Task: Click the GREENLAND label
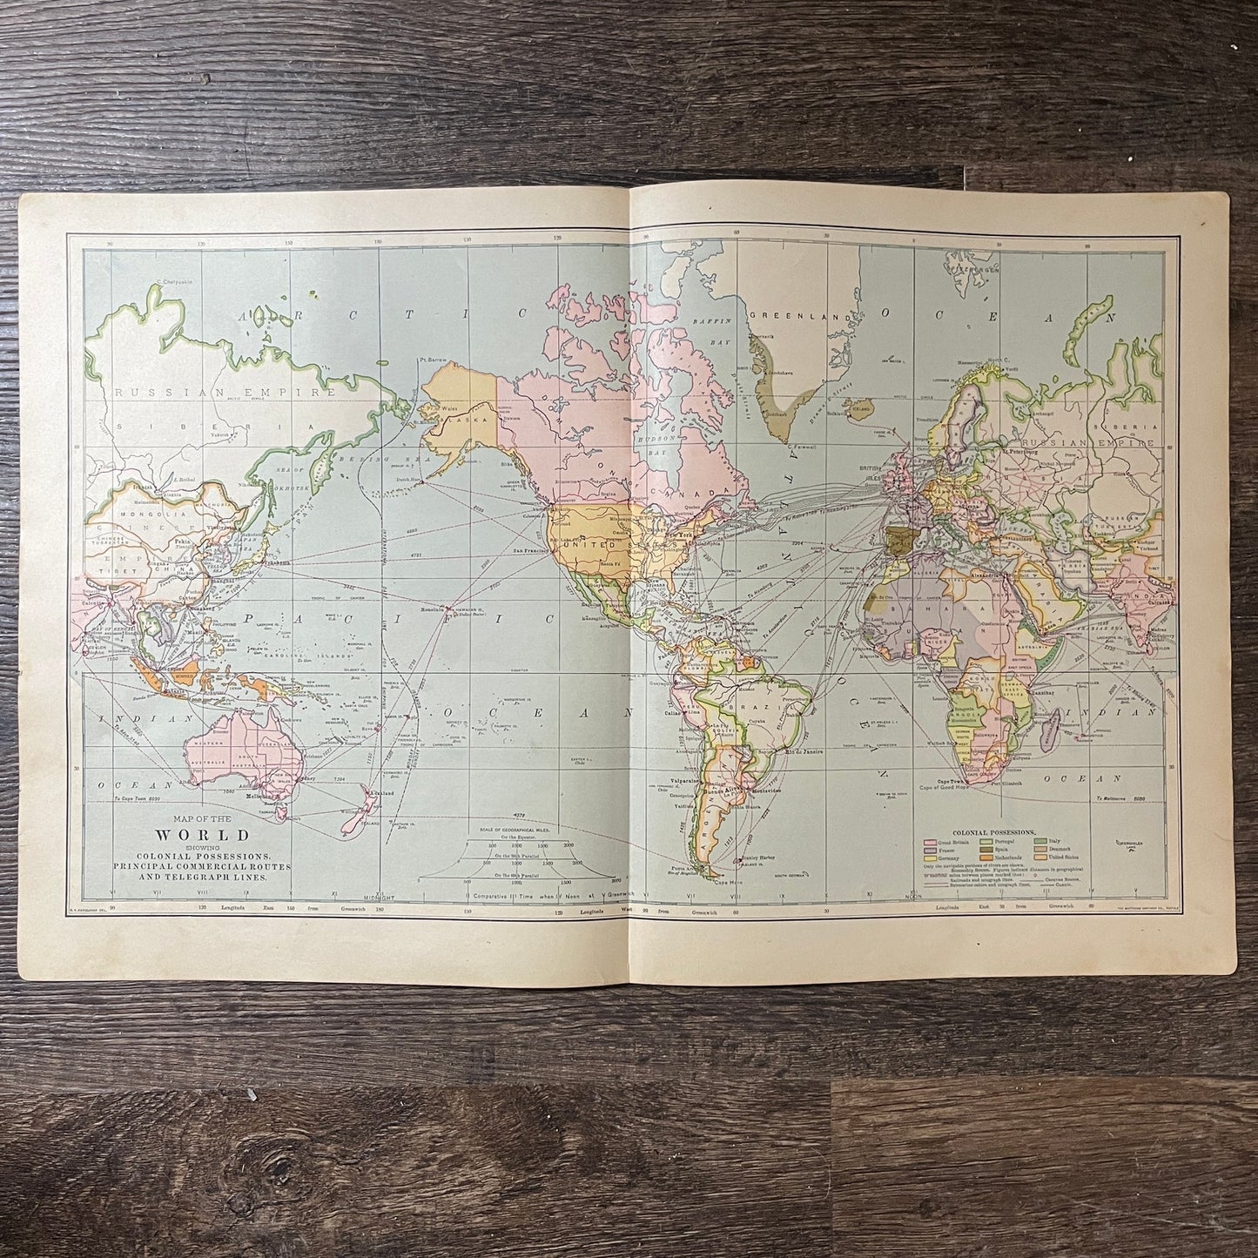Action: [782, 318]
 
